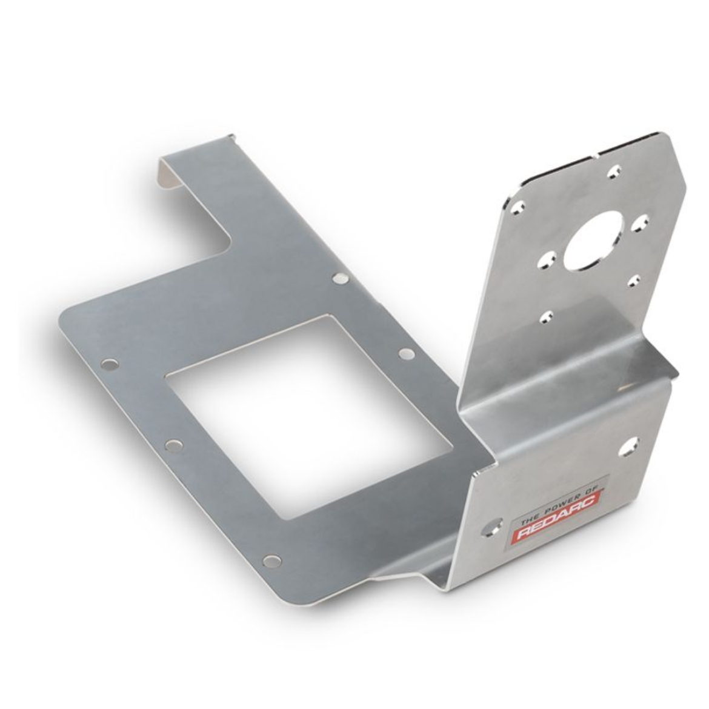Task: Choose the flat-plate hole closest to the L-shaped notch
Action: [340, 279]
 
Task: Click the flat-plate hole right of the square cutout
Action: [405, 353]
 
